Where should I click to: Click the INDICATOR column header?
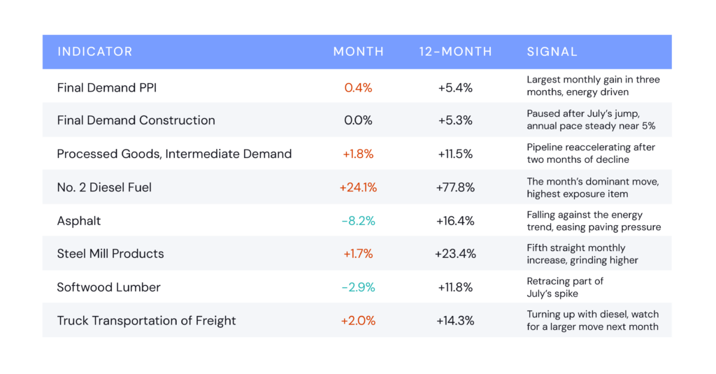click(95, 52)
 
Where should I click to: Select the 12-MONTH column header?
click(455, 52)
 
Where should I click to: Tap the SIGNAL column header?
click(552, 52)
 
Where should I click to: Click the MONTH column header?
click(359, 52)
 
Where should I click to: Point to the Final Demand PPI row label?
click(107, 87)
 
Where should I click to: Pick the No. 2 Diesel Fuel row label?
click(104, 187)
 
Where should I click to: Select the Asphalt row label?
click(79, 221)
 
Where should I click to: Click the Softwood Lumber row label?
click(108, 287)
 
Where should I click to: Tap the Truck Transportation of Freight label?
click(147, 321)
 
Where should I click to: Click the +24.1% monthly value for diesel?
click(358, 187)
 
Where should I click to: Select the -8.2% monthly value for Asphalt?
click(359, 221)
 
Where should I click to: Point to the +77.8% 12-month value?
click(455, 187)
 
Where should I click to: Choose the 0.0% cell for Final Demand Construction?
click(358, 120)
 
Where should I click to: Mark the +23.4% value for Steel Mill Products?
click(455, 254)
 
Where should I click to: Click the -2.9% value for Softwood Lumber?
click(359, 287)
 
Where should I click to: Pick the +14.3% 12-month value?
click(455, 321)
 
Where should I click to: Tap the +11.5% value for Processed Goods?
click(455, 154)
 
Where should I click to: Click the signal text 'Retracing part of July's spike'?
click(565, 287)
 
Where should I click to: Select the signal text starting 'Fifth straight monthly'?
click(582, 254)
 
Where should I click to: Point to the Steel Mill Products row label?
click(110, 254)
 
